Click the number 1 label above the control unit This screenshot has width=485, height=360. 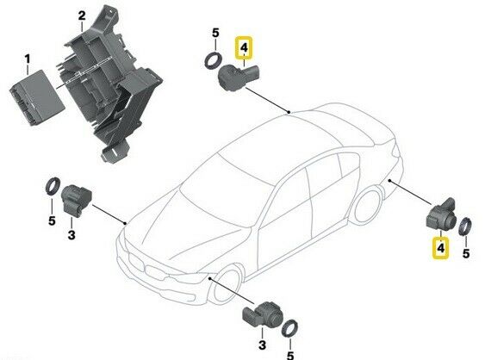point(28,59)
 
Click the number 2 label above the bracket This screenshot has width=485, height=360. point(82,16)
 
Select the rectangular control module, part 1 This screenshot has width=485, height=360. point(37,97)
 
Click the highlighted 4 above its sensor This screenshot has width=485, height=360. point(244,48)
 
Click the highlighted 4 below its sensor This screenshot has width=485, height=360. point(441,248)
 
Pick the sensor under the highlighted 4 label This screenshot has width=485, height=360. point(239,77)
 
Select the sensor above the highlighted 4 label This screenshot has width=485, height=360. point(441,215)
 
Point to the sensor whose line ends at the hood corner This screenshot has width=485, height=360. point(76,199)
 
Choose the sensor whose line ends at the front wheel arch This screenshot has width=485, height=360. point(260,313)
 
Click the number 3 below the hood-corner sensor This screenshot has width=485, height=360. point(72,235)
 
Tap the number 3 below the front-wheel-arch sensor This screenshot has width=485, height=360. point(262,344)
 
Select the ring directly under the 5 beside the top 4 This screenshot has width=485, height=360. point(213,61)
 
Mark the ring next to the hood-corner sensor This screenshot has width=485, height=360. point(53,186)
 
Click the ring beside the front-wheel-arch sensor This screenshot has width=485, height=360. point(290,329)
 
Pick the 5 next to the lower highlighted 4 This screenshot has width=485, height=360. point(466,253)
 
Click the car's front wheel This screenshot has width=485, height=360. point(226,283)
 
